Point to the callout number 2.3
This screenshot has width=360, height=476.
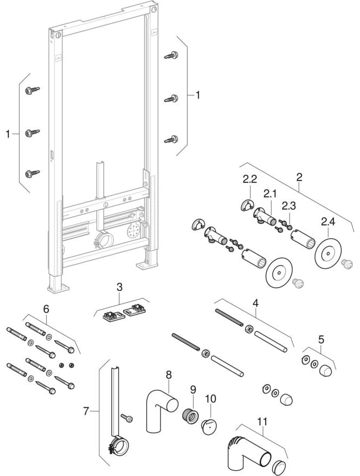[289, 205]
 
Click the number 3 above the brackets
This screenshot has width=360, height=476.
[120, 287]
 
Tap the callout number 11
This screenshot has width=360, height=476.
[263, 422]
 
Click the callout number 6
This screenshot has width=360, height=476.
[46, 307]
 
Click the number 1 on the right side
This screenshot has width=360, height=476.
[198, 95]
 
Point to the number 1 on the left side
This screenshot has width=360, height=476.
[8, 134]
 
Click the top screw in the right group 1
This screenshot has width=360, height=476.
[172, 55]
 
